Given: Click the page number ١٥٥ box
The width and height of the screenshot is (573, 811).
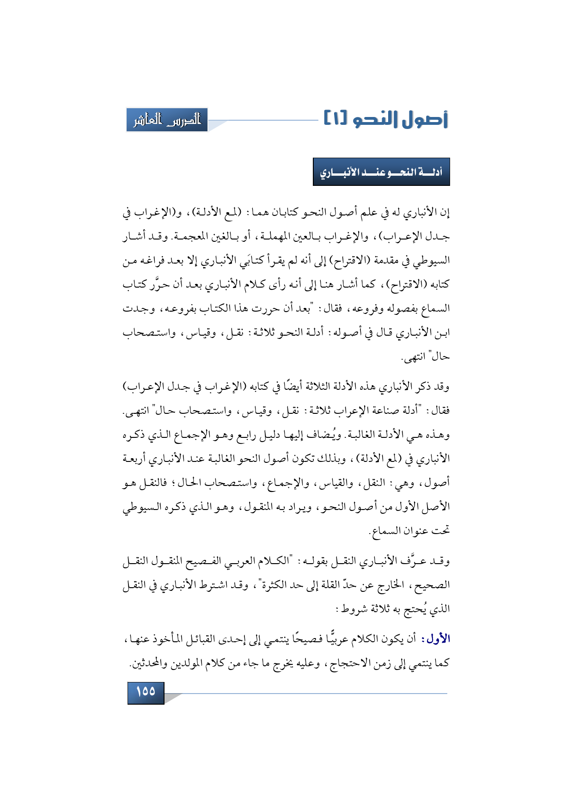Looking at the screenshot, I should (x=146, y=692).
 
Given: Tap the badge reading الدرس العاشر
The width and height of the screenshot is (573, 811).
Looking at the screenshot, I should (x=167, y=120).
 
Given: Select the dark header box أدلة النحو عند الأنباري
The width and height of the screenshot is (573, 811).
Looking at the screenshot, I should (x=381, y=172).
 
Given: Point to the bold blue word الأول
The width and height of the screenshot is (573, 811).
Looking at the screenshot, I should (x=438, y=639).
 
